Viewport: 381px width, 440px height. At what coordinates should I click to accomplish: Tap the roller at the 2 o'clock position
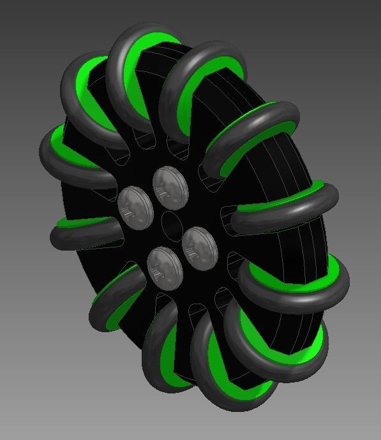click(x=255, y=137)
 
